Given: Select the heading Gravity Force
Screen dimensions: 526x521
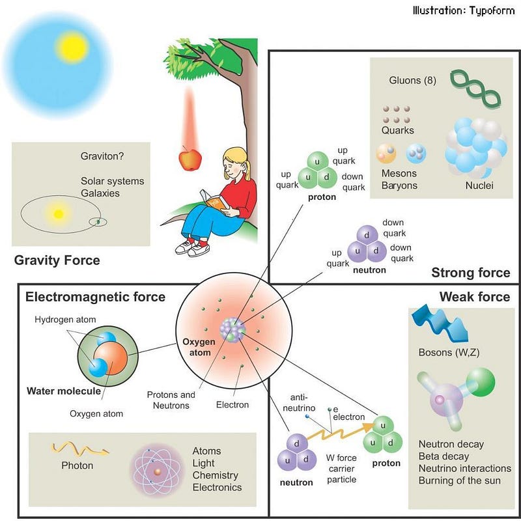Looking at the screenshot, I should click(x=57, y=260).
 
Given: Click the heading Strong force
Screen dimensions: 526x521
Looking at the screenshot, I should click(x=470, y=272).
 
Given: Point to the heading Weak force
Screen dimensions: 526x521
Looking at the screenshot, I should click(x=474, y=297).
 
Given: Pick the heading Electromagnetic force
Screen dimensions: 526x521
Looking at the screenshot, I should click(x=95, y=297).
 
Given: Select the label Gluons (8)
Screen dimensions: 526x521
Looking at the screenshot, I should click(x=412, y=81).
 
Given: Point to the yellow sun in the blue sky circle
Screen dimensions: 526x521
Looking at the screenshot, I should click(x=72, y=46).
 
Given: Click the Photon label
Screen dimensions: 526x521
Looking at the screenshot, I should click(x=77, y=465).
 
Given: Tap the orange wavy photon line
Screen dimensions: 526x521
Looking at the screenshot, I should click(x=80, y=449).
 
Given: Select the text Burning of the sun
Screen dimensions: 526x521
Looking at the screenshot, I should click(x=460, y=481).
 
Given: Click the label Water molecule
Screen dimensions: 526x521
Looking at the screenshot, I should click(x=64, y=391).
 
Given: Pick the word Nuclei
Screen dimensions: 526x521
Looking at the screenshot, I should click(x=479, y=186).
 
